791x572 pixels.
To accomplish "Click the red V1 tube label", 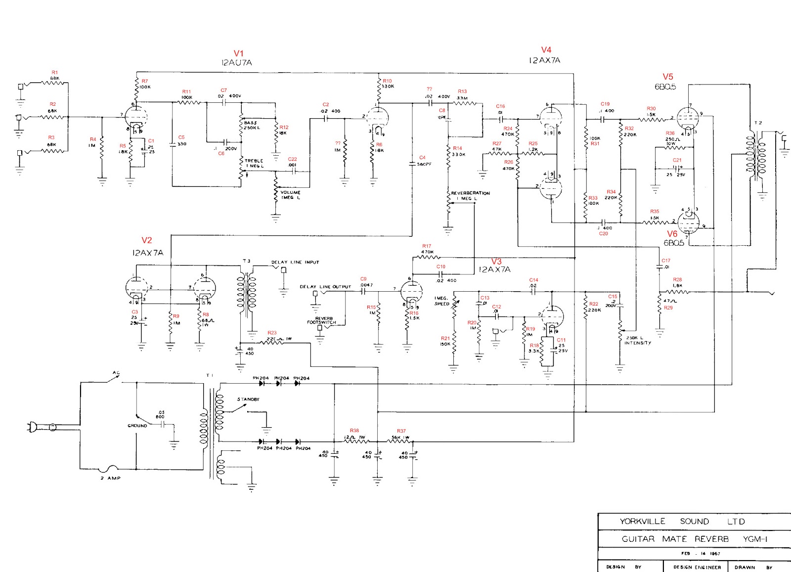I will click(x=239, y=53).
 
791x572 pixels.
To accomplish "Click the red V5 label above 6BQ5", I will click(x=668, y=77).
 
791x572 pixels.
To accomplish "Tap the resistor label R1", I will click(x=55, y=73).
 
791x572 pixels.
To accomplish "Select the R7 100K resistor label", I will click(x=145, y=81).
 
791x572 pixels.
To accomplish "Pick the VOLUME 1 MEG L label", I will click(x=290, y=195).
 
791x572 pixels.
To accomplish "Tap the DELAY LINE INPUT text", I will click(x=295, y=263).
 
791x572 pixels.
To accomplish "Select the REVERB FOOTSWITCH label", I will click(x=321, y=320).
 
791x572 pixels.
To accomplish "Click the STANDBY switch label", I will click(x=248, y=399).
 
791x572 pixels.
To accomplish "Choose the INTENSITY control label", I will click(x=637, y=343).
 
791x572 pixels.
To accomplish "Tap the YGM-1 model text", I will click(x=755, y=539).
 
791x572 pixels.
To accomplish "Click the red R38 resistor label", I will click(x=354, y=431).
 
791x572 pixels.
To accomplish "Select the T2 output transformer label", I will click(x=757, y=123).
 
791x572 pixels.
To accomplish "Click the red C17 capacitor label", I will click(x=666, y=261).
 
